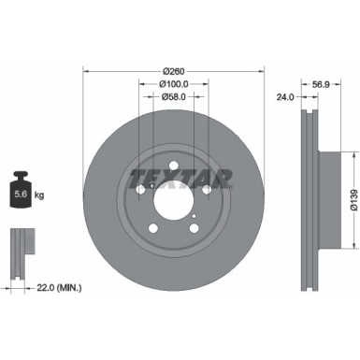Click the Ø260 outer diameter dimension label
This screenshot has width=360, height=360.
pyautogui.click(x=171, y=71)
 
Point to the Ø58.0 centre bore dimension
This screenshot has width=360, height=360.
pyautogui.click(x=171, y=96)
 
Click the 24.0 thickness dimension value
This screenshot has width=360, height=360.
pyautogui.click(x=285, y=96)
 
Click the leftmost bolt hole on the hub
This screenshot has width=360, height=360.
pyautogui.click(x=141, y=189)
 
